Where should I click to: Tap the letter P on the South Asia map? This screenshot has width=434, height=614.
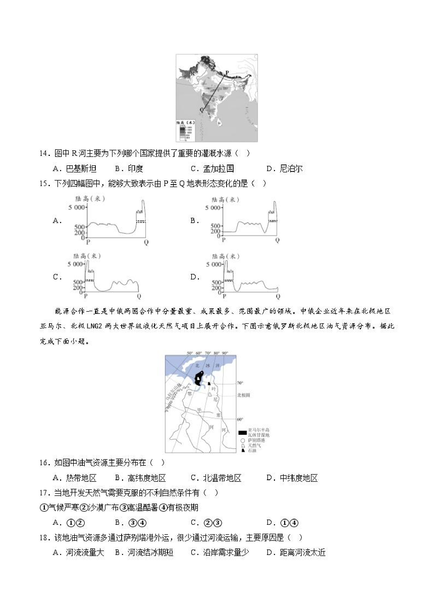pyautogui.click(x=227, y=72)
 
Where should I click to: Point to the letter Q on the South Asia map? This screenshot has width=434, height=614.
pyautogui.click(x=202, y=110)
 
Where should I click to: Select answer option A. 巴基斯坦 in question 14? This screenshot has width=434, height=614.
pyautogui.click(x=75, y=169)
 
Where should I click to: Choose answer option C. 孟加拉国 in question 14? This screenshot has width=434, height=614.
pyautogui.click(x=212, y=169)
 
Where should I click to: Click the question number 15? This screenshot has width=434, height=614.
pyautogui.click(x=44, y=184)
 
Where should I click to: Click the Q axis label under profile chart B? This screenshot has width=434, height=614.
pyautogui.click(x=277, y=240)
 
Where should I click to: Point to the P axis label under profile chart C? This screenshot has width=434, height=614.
pyautogui.click(x=86, y=296)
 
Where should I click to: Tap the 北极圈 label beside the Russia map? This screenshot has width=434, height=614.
pyautogui.click(x=244, y=395)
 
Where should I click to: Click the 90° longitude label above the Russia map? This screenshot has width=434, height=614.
pyautogui.click(x=225, y=353)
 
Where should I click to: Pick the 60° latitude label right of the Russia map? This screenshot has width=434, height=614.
pyautogui.click(x=240, y=419)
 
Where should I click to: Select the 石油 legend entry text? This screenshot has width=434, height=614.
pyautogui.click(x=252, y=451)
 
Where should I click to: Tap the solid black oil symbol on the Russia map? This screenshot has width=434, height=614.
pyautogui.click(x=209, y=383)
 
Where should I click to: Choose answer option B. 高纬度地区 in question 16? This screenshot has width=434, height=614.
pyautogui.click(x=141, y=478)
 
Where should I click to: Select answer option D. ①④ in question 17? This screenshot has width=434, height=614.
pyautogui.click(x=283, y=523)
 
